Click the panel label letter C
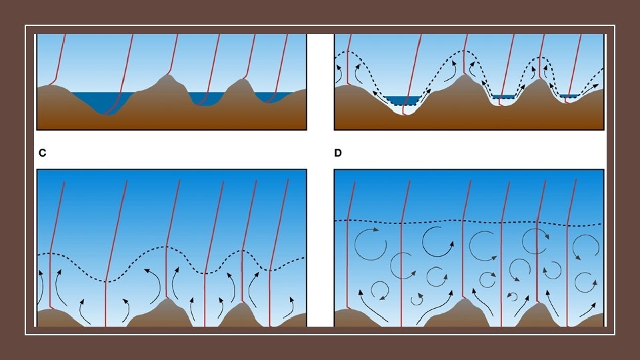tap(42, 153)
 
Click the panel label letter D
tap(338, 153)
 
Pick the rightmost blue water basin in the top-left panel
tap(277, 97)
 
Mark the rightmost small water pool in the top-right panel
tap(569, 97)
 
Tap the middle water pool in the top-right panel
tap(504, 97)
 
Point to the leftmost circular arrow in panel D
tap(365, 244)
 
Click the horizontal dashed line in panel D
tap(467, 222)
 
